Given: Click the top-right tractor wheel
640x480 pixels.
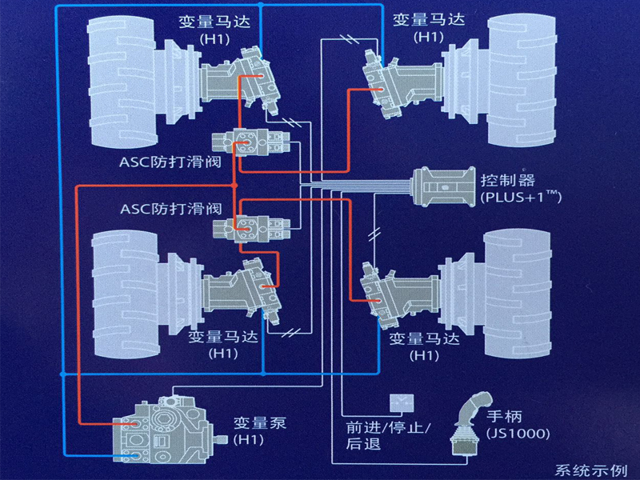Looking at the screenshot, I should [x=512, y=88].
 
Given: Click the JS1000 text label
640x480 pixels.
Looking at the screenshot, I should [x=518, y=434].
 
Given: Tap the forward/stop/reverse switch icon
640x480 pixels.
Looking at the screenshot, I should [x=398, y=405].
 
